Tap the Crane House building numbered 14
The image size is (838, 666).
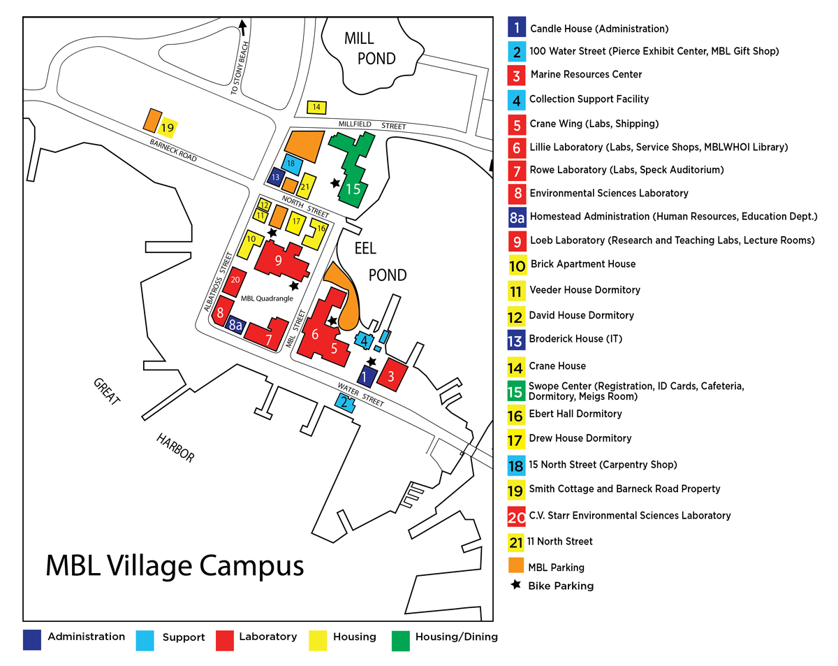point(316,107)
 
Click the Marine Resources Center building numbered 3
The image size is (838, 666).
point(391,375)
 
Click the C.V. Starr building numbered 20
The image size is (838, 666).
point(235,280)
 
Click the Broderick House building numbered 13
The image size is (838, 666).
point(275,178)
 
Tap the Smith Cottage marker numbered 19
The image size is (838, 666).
point(167,127)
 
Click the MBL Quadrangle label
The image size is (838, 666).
point(267,298)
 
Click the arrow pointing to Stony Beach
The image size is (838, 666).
point(242,27)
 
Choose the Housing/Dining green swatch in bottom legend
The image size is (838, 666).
point(402,640)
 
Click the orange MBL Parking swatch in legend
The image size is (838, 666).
point(517,565)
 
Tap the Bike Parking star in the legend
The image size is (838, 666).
point(516,585)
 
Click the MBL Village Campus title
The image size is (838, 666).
point(175,565)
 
